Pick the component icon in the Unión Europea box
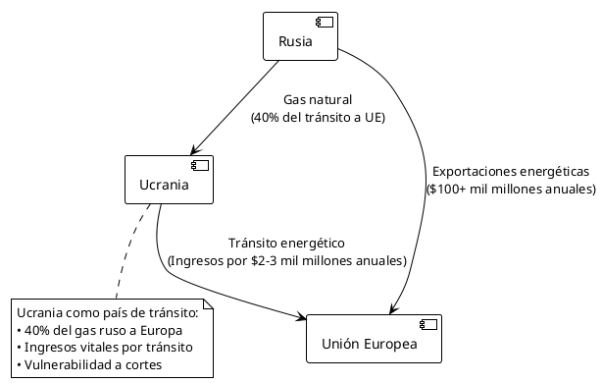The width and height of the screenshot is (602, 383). pyautogui.click(x=428, y=325)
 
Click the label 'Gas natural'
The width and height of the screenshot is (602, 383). pyautogui.click(x=317, y=100)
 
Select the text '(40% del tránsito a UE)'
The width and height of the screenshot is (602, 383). pyautogui.click(x=317, y=118)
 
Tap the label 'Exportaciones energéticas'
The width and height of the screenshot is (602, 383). pyautogui.click(x=511, y=170)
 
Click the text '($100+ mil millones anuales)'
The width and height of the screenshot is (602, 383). pyautogui.click(x=511, y=188)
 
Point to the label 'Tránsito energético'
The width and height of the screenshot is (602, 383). pyautogui.click(x=286, y=244)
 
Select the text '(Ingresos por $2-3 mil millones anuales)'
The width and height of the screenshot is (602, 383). pyautogui.click(x=286, y=261)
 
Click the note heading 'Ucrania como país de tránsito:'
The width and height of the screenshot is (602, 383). pyautogui.click(x=107, y=313)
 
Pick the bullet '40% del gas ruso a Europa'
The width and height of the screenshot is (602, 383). pyautogui.click(x=105, y=330)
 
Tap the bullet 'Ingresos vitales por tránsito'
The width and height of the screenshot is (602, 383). pyautogui.click(x=105, y=348)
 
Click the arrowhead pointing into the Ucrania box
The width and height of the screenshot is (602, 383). pyautogui.click(x=199, y=148)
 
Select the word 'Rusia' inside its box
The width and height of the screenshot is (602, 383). pyautogui.click(x=295, y=41)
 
